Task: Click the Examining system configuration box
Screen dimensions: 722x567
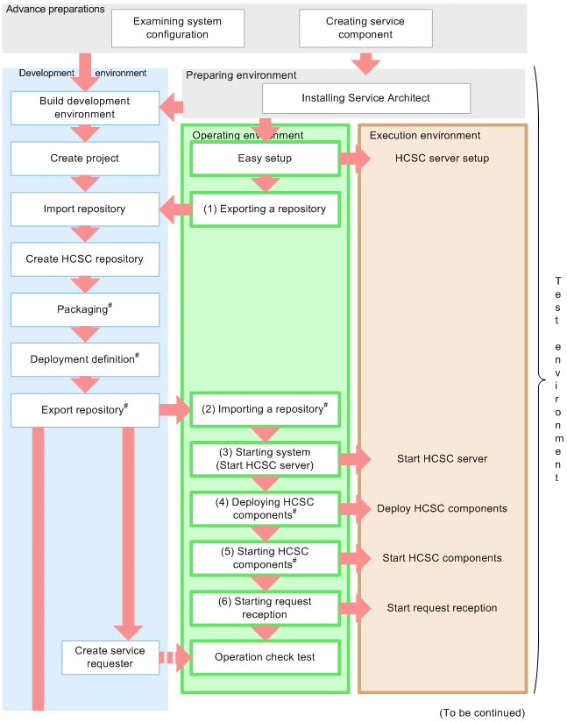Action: click(177, 28)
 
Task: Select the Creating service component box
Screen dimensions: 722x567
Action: click(365, 28)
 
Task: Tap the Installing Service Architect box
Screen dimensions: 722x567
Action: click(366, 98)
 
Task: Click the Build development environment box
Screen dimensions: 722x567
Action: click(85, 108)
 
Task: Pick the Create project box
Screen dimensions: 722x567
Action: click(85, 159)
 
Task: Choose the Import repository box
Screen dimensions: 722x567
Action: click(85, 209)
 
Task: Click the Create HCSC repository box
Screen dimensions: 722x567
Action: click(85, 259)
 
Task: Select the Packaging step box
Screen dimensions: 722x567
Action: click(85, 309)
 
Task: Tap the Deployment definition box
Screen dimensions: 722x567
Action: click(85, 359)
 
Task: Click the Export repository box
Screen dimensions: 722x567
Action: click(85, 409)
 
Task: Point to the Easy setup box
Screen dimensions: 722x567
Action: click(265, 159)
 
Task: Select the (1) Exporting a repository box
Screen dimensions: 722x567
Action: click(265, 209)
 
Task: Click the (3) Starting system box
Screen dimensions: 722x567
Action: click(265, 458)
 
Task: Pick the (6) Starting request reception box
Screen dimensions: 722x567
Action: click(265, 608)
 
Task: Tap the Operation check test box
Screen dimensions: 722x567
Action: click(265, 657)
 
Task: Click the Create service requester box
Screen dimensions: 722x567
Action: click(110, 657)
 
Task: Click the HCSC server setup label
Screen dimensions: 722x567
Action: click(442, 159)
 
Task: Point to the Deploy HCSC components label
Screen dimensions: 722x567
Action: click(442, 508)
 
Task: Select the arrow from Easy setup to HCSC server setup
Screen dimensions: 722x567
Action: click(355, 159)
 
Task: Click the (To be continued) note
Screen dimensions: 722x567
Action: click(482, 712)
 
